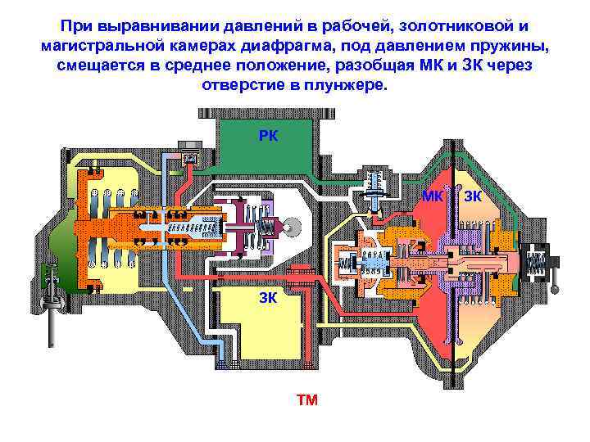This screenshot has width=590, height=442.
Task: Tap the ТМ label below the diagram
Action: [x=307, y=400]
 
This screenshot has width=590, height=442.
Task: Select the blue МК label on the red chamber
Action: [x=433, y=196]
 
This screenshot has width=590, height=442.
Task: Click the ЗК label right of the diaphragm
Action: [x=473, y=196]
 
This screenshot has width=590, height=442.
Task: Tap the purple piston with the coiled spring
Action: [x=246, y=225]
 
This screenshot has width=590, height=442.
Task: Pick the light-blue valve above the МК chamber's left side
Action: [x=374, y=187]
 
